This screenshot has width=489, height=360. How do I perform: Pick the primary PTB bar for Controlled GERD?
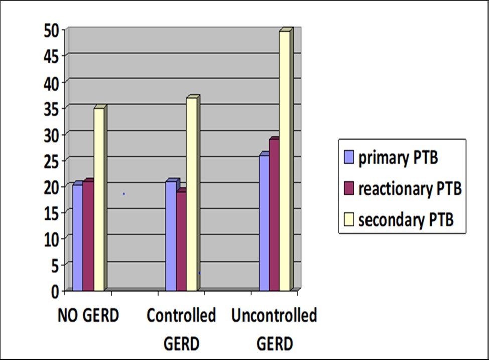coord(171,236)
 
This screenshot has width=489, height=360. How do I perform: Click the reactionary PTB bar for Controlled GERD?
coord(181,241)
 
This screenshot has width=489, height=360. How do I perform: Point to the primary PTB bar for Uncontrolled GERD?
coord(264,223)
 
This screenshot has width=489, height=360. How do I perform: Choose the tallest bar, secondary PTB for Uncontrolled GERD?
coord(285,161)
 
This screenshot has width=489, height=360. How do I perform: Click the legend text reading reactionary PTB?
coord(409,189)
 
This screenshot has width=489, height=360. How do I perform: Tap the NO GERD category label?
coord(88,316)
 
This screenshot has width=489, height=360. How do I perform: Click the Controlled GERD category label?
coord(181,330)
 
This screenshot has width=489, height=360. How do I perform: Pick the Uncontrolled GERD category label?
coord(274,330)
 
